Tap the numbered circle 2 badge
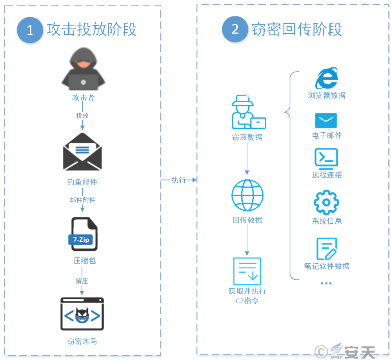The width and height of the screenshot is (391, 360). click(235, 29)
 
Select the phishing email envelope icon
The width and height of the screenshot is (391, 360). click(82, 152)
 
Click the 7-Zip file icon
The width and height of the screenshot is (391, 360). click(84, 234)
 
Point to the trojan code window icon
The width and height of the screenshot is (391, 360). click(82, 314)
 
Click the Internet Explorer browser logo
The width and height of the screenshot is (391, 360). click(327, 79)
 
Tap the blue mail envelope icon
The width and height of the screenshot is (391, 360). click(326, 121)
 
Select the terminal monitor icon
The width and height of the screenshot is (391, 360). click(326, 158)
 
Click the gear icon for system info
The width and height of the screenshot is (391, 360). click(326, 202)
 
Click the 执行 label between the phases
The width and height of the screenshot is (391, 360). click(179, 180)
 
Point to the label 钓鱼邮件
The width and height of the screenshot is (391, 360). click(82, 182)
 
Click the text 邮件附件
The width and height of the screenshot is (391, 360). click(83, 200)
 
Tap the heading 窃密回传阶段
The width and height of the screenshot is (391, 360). click(296, 29)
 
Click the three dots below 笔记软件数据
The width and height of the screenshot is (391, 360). click(326, 283)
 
